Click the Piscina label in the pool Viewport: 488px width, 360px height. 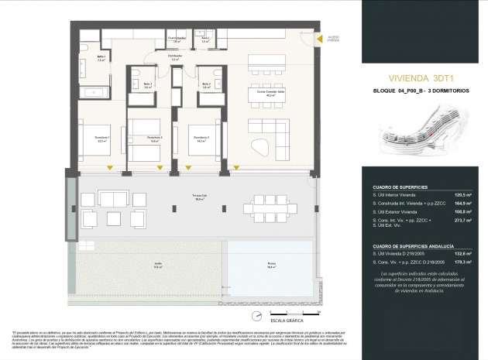(x=271, y=263)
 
